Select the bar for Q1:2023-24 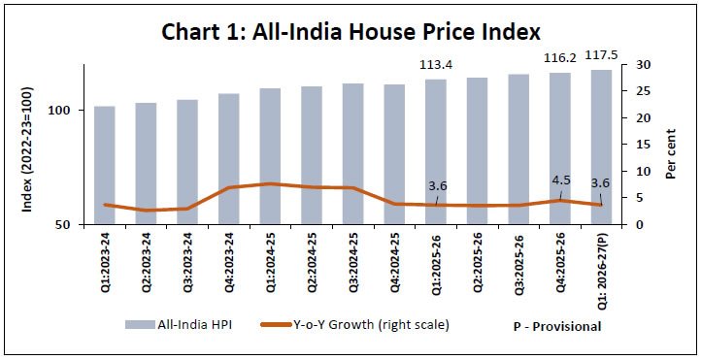coord(105,165)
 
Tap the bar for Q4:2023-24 coord(229,159)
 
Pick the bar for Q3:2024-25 coord(353,153)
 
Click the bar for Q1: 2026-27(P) coord(601,147)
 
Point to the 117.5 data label coord(601,55)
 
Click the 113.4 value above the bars coord(436,65)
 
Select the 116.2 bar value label coord(559,57)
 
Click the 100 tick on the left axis coord(59,110)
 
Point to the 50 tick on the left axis coord(63,225)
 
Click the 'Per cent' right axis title coord(670,154)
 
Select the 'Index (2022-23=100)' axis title coord(27,149)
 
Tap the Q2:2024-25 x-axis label coord(312,263)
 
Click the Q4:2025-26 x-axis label coord(560,263)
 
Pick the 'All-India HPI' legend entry coord(179,325)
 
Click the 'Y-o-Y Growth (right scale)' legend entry coord(354,325)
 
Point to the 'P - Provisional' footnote coord(557,326)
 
